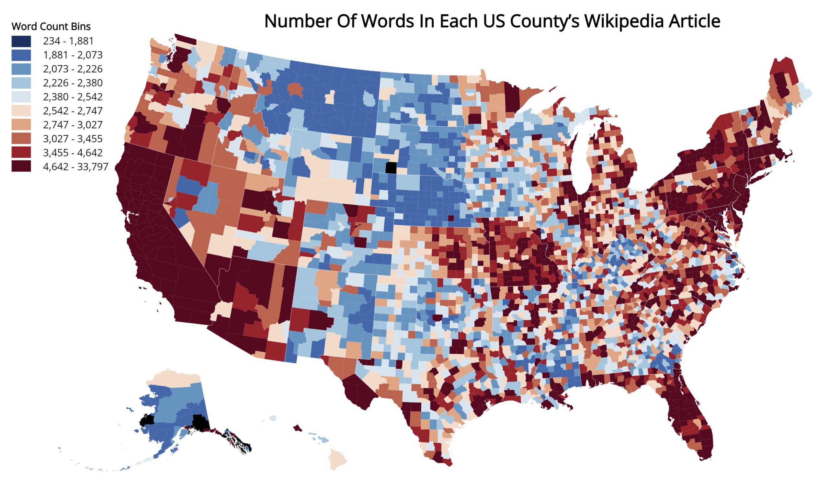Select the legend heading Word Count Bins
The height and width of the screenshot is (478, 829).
51,26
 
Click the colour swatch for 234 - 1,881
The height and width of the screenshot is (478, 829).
21,41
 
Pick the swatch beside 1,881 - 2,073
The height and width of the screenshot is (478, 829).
21,55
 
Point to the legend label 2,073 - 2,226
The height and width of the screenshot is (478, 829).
73,69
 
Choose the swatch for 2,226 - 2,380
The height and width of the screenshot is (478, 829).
21,83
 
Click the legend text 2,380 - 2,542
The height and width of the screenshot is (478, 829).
73,97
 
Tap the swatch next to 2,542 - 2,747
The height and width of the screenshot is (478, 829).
21,111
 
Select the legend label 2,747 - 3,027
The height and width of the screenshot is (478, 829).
73,125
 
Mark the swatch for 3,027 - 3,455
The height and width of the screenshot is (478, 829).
21,139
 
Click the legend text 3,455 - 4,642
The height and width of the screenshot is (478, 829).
73,153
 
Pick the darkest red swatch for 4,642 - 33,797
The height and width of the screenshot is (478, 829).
21,167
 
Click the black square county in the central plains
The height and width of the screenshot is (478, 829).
391,168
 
